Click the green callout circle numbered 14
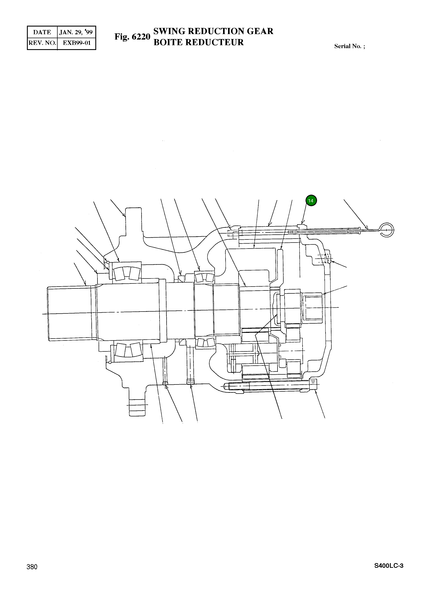(311, 201)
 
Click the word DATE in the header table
(42, 32)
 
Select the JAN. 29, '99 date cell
(76, 32)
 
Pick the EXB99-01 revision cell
(77, 43)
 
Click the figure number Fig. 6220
(132, 37)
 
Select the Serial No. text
(349, 46)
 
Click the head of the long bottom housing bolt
(314, 384)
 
